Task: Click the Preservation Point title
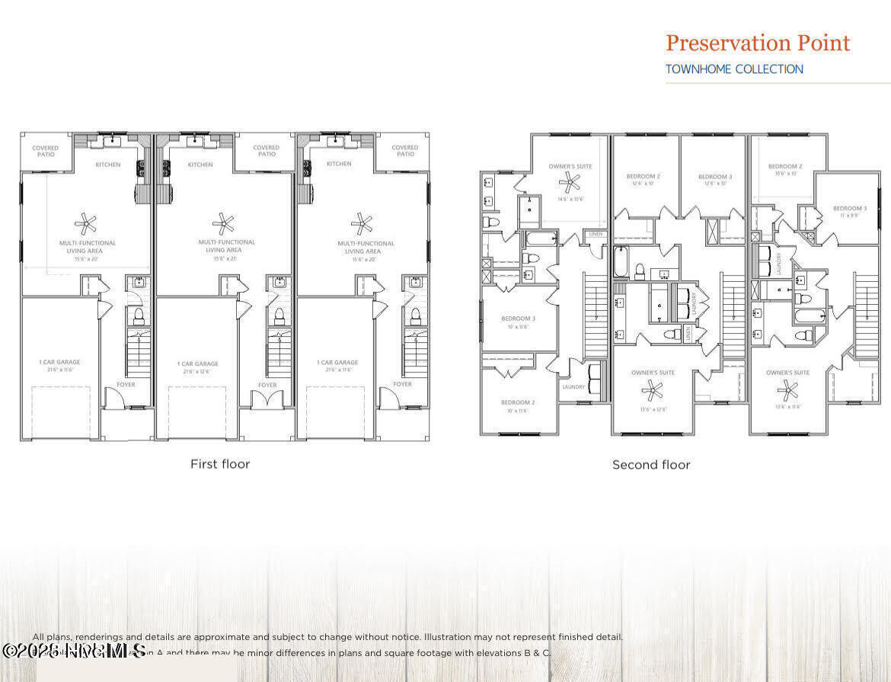(758, 43)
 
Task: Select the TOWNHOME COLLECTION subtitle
(734, 69)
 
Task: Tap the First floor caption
(220, 463)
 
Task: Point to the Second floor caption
(651, 464)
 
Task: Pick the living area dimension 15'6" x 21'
(224, 258)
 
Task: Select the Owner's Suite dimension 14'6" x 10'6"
(570, 199)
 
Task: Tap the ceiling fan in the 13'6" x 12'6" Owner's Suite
(652, 390)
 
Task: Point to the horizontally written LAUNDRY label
(573, 387)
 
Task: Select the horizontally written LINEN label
(596, 234)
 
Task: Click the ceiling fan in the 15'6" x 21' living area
(223, 223)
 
